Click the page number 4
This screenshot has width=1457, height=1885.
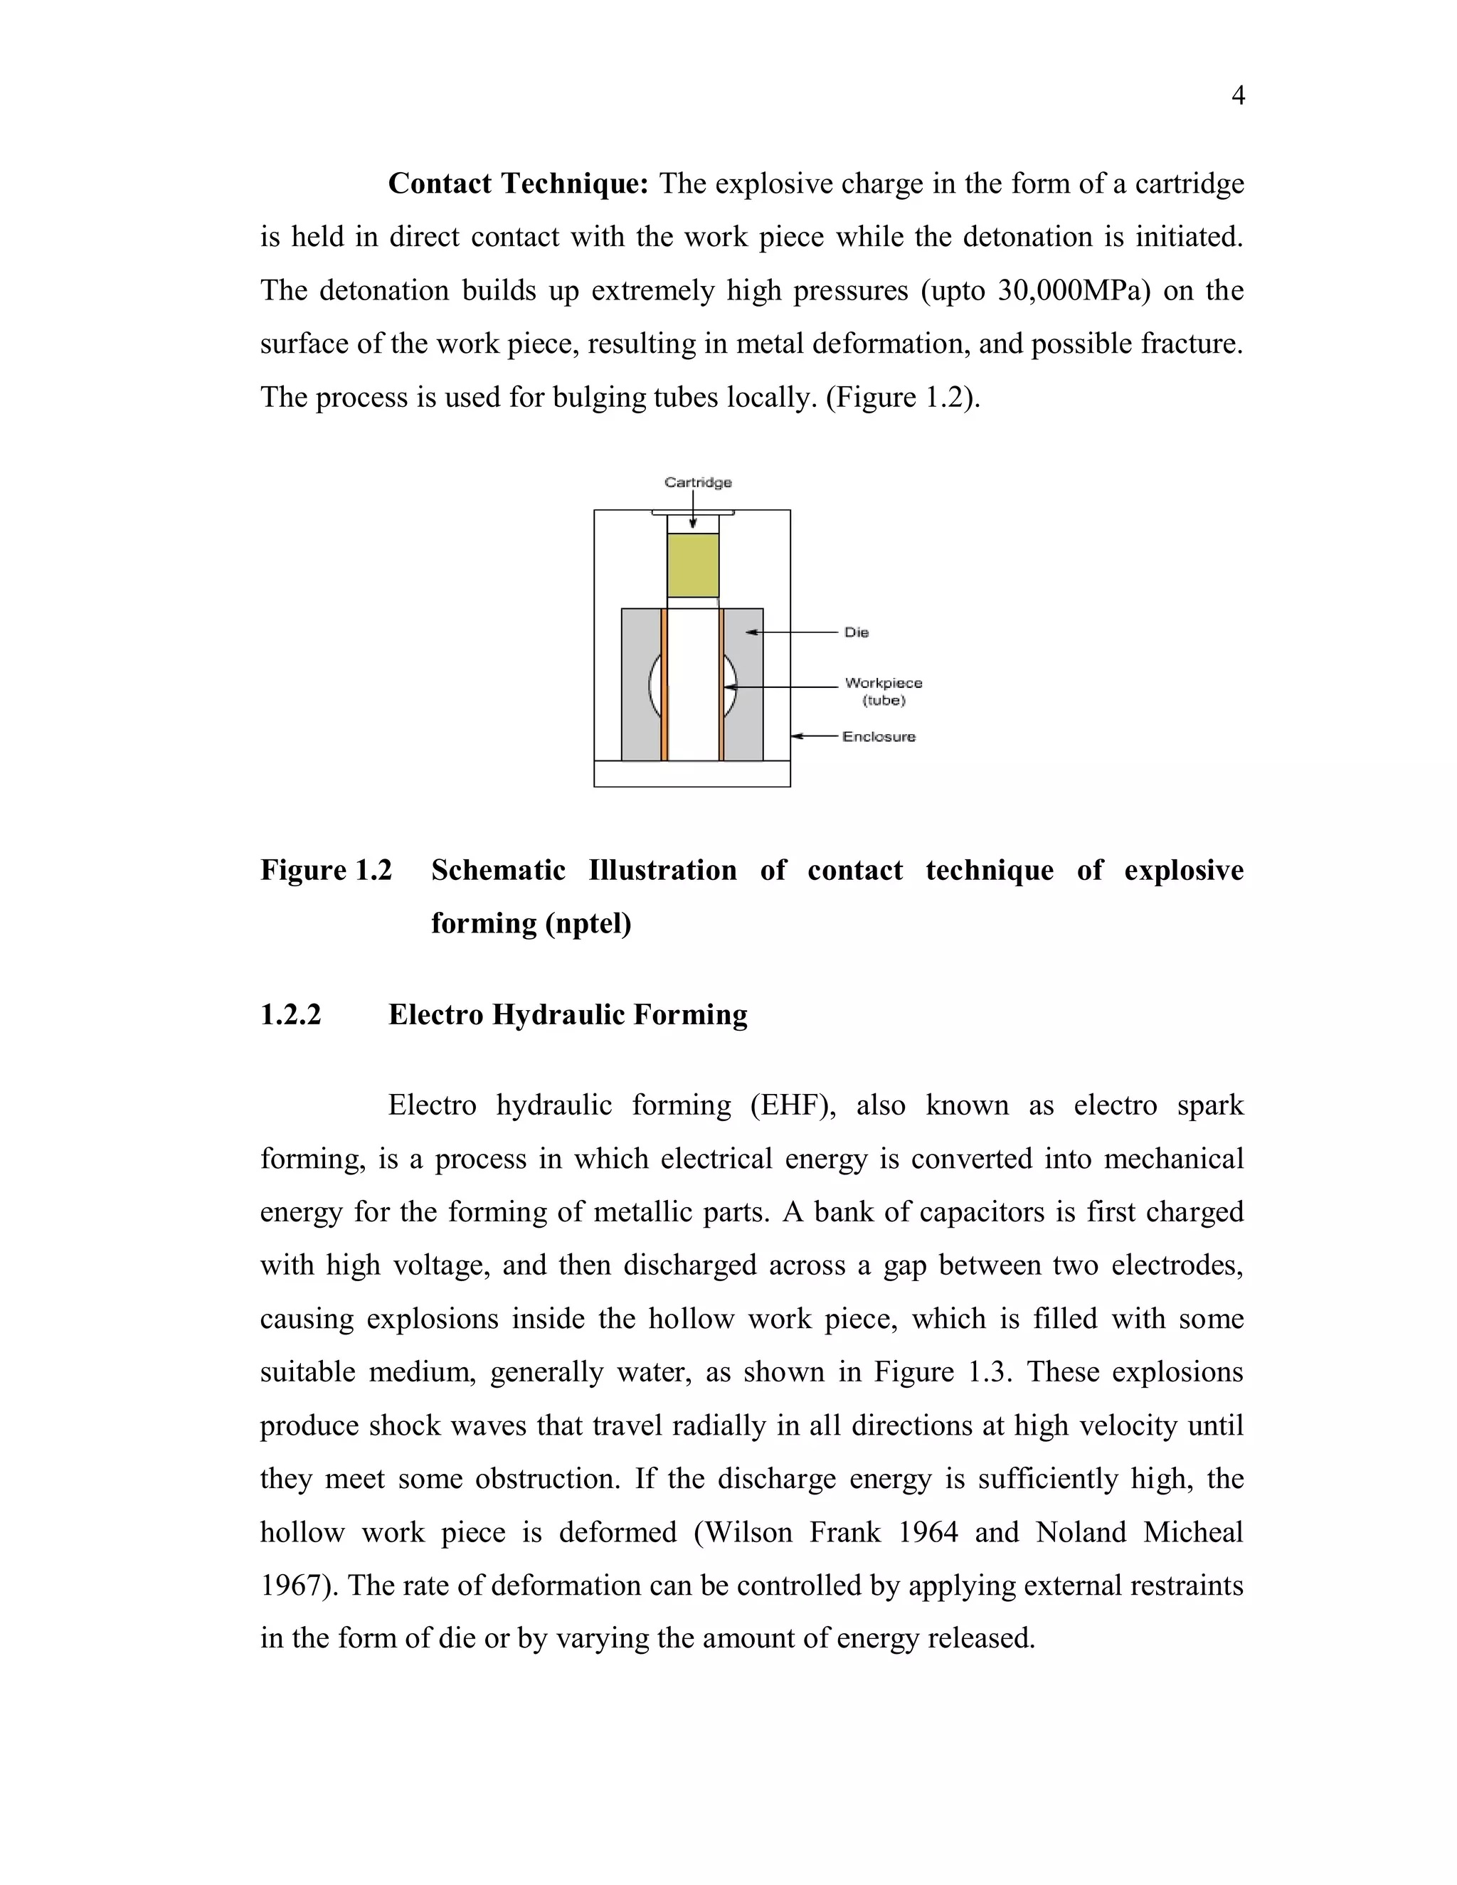1237,96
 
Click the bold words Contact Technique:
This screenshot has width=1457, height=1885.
518,184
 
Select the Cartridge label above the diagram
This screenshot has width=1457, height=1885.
697,482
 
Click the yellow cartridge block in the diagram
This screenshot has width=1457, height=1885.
692,565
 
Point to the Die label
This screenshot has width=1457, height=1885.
857,632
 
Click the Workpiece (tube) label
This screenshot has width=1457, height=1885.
883,691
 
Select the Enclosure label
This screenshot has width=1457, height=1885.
879,736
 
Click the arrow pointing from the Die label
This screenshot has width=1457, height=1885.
790,632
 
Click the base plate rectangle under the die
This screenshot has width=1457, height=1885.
692,773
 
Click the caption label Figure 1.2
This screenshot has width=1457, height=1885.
327,870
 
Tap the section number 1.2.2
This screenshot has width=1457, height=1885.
291,1015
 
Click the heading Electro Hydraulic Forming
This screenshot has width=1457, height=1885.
567,1015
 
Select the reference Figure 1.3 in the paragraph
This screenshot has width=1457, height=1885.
941,1372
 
